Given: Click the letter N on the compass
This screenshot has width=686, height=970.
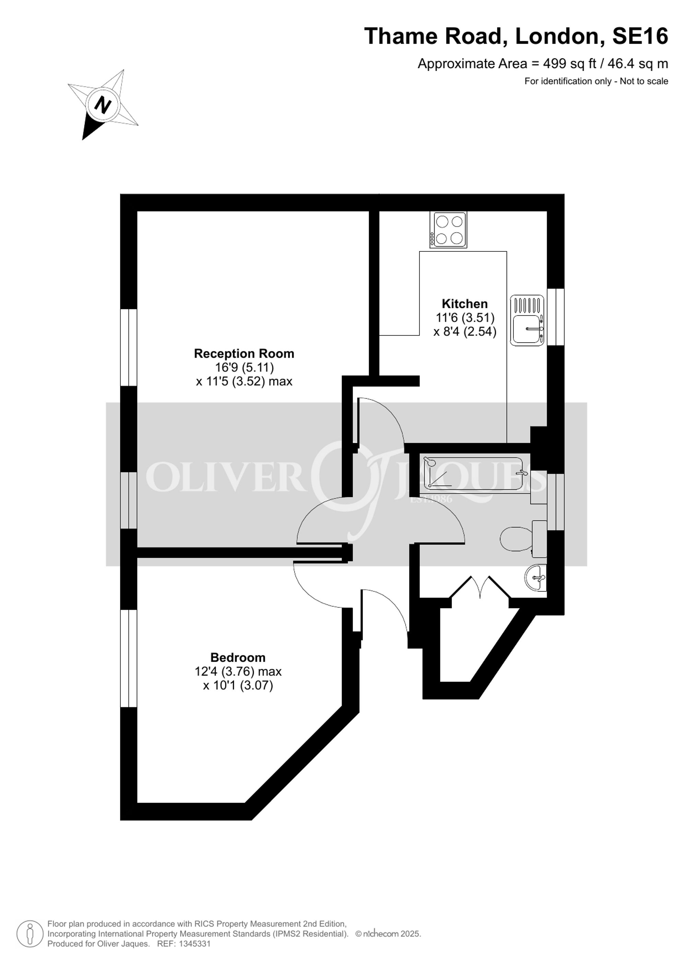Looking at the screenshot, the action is (102, 104).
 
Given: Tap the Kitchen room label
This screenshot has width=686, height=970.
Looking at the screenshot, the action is (465, 304).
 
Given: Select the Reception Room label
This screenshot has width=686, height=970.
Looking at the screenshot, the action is (244, 354).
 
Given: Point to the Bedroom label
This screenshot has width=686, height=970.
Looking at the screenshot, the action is (238, 658).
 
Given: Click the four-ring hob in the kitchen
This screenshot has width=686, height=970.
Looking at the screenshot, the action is (449, 230).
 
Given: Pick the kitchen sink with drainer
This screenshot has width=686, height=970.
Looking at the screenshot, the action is (527, 320).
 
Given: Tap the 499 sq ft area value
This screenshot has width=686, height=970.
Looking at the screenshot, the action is (569, 64).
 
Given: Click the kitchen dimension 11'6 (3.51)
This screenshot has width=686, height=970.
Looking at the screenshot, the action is (465, 317).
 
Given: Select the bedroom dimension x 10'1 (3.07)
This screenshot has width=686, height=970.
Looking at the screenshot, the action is (238, 685).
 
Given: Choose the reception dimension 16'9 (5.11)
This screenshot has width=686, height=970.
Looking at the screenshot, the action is (244, 367).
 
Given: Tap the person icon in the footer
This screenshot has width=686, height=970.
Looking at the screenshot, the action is (30, 934).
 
